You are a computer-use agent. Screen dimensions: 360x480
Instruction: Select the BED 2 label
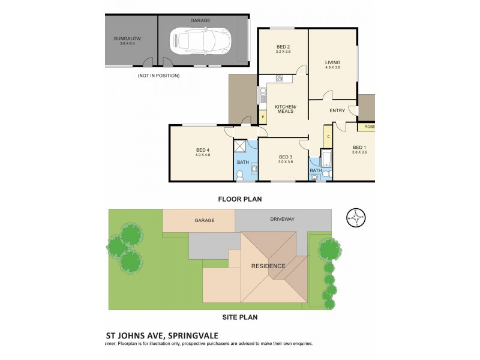(x=283, y=47)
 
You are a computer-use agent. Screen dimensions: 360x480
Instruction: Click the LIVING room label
(x=332, y=62)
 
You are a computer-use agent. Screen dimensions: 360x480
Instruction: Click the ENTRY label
(x=337, y=110)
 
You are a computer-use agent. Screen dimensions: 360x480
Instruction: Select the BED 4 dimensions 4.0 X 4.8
(x=203, y=155)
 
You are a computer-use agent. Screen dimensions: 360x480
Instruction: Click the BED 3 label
(x=285, y=157)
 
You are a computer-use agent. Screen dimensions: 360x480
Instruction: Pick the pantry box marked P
(x=262, y=118)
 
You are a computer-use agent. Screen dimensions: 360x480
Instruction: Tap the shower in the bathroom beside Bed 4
(x=240, y=147)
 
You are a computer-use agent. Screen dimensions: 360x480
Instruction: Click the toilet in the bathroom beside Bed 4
(x=239, y=175)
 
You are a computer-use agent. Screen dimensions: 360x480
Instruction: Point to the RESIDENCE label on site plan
(x=268, y=266)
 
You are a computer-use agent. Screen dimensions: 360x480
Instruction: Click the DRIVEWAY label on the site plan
(x=282, y=220)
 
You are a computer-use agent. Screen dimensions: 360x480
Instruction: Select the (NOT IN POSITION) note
(x=158, y=76)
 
